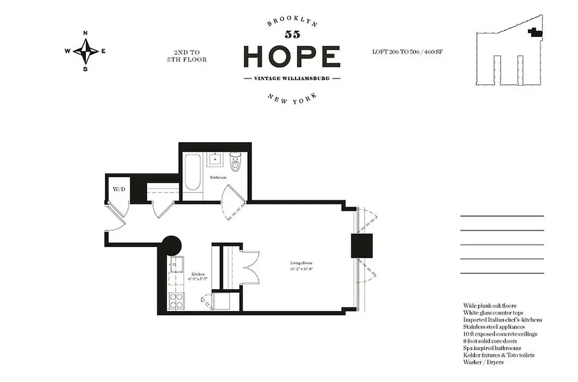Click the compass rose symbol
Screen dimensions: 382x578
pyautogui.click(x=85, y=51)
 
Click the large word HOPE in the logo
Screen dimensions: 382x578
pyautogui.click(x=292, y=57)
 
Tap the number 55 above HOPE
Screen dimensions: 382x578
pyautogui.click(x=292, y=34)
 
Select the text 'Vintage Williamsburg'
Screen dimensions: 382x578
pyautogui.click(x=292, y=78)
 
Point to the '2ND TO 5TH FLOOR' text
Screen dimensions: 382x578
pyautogui.click(x=184, y=56)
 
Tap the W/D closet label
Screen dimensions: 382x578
pyautogui.click(x=119, y=190)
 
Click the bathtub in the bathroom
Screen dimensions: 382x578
pyautogui.click(x=193, y=178)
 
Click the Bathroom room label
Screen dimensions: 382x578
pyautogui.click(x=218, y=177)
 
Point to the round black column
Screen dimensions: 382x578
pyautogui.click(x=171, y=245)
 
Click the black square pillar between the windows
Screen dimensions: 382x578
pyautogui.click(x=362, y=246)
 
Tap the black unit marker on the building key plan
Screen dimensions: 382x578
pyautogui.click(x=535, y=32)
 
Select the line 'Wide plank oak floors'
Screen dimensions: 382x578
pyautogui.click(x=489, y=306)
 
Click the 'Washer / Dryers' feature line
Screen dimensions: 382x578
pyautogui.click(x=483, y=362)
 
